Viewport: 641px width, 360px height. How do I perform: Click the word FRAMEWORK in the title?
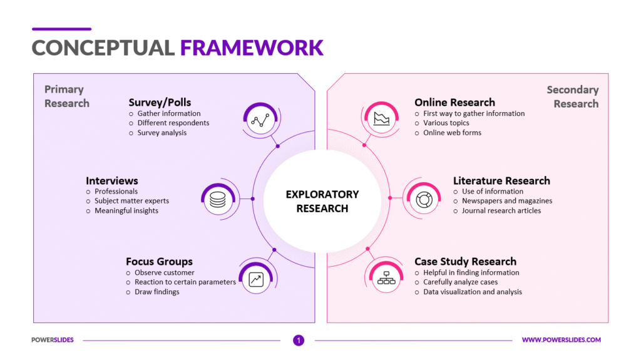(252, 48)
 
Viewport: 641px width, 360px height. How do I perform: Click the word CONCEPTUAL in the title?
(103, 48)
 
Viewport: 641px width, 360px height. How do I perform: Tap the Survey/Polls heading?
(160, 102)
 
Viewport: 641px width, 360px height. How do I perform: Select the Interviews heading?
(112, 180)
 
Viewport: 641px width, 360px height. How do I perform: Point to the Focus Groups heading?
(159, 262)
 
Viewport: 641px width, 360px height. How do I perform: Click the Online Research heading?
(454, 102)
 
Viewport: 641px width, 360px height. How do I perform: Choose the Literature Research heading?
(501, 180)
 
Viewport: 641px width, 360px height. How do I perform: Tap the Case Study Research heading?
(465, 262)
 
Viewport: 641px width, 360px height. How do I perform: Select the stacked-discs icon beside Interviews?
(217, 200)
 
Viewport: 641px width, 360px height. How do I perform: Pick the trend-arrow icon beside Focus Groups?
(256, 280)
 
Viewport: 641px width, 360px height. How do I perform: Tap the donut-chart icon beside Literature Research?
(420, 198)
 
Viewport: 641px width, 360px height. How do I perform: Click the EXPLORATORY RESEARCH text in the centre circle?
(322, 201)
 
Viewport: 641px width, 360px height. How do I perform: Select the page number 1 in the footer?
(299, 341)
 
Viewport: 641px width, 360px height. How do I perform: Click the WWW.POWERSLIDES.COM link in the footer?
(561, 340)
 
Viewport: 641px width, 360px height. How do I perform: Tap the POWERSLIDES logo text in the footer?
(53, 340)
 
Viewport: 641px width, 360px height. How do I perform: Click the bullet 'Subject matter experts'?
(131, 201)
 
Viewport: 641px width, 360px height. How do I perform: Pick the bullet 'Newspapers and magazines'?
(507, 201)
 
